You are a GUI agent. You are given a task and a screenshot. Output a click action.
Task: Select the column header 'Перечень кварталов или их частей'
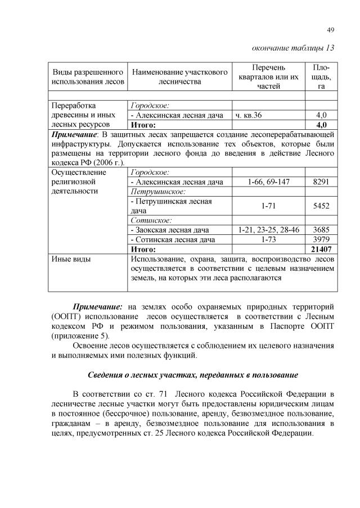point(268,76)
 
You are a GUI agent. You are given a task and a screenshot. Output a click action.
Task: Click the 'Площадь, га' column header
point(322,76)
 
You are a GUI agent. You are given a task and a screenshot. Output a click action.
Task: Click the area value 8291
point(321,182)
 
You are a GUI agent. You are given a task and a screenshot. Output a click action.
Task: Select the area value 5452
point(321,206)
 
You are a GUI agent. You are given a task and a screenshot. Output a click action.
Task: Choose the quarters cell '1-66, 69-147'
point(268,182)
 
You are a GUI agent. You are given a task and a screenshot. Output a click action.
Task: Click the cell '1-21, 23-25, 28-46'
point(268,229)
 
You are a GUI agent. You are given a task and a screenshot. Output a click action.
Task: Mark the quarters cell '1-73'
point(268,239)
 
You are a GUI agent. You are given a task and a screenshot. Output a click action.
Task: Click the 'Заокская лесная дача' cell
point(170,229)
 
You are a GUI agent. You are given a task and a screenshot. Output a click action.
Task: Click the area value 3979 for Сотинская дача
point(321,239)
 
